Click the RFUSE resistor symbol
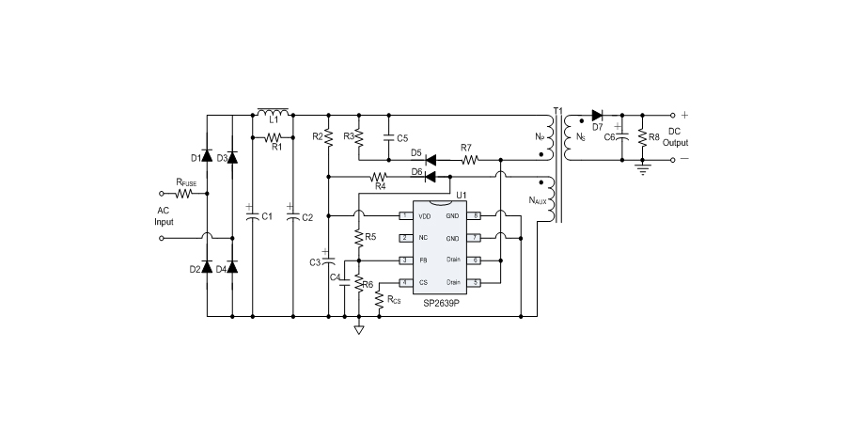pyautogui.click(x=183, y=194)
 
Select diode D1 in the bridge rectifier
pyautogui.click(x=208, y=157)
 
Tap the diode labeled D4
pyautogui.click(x=233, y=269)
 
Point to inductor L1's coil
pyautogui.click(x=273, y=112)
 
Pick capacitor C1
pyautogui.click(x=251, y=216)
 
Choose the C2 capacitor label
pyautogui.click(x=306, y=217)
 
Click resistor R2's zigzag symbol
pyautogui.click(x=327, y=137)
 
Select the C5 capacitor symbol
pyautogui.click(x=388, y=137)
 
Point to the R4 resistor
pyautogui.click(x=380, y=177)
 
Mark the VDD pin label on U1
pyautogui.click(x=424, y=216)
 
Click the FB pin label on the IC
pyautogui.click(x=423, y=260)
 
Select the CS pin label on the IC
pyautogui.click(x=423, y=282)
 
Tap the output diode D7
pyautogui.click(x=596, y=116)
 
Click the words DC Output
pyautogui.click(x=675, y=137)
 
